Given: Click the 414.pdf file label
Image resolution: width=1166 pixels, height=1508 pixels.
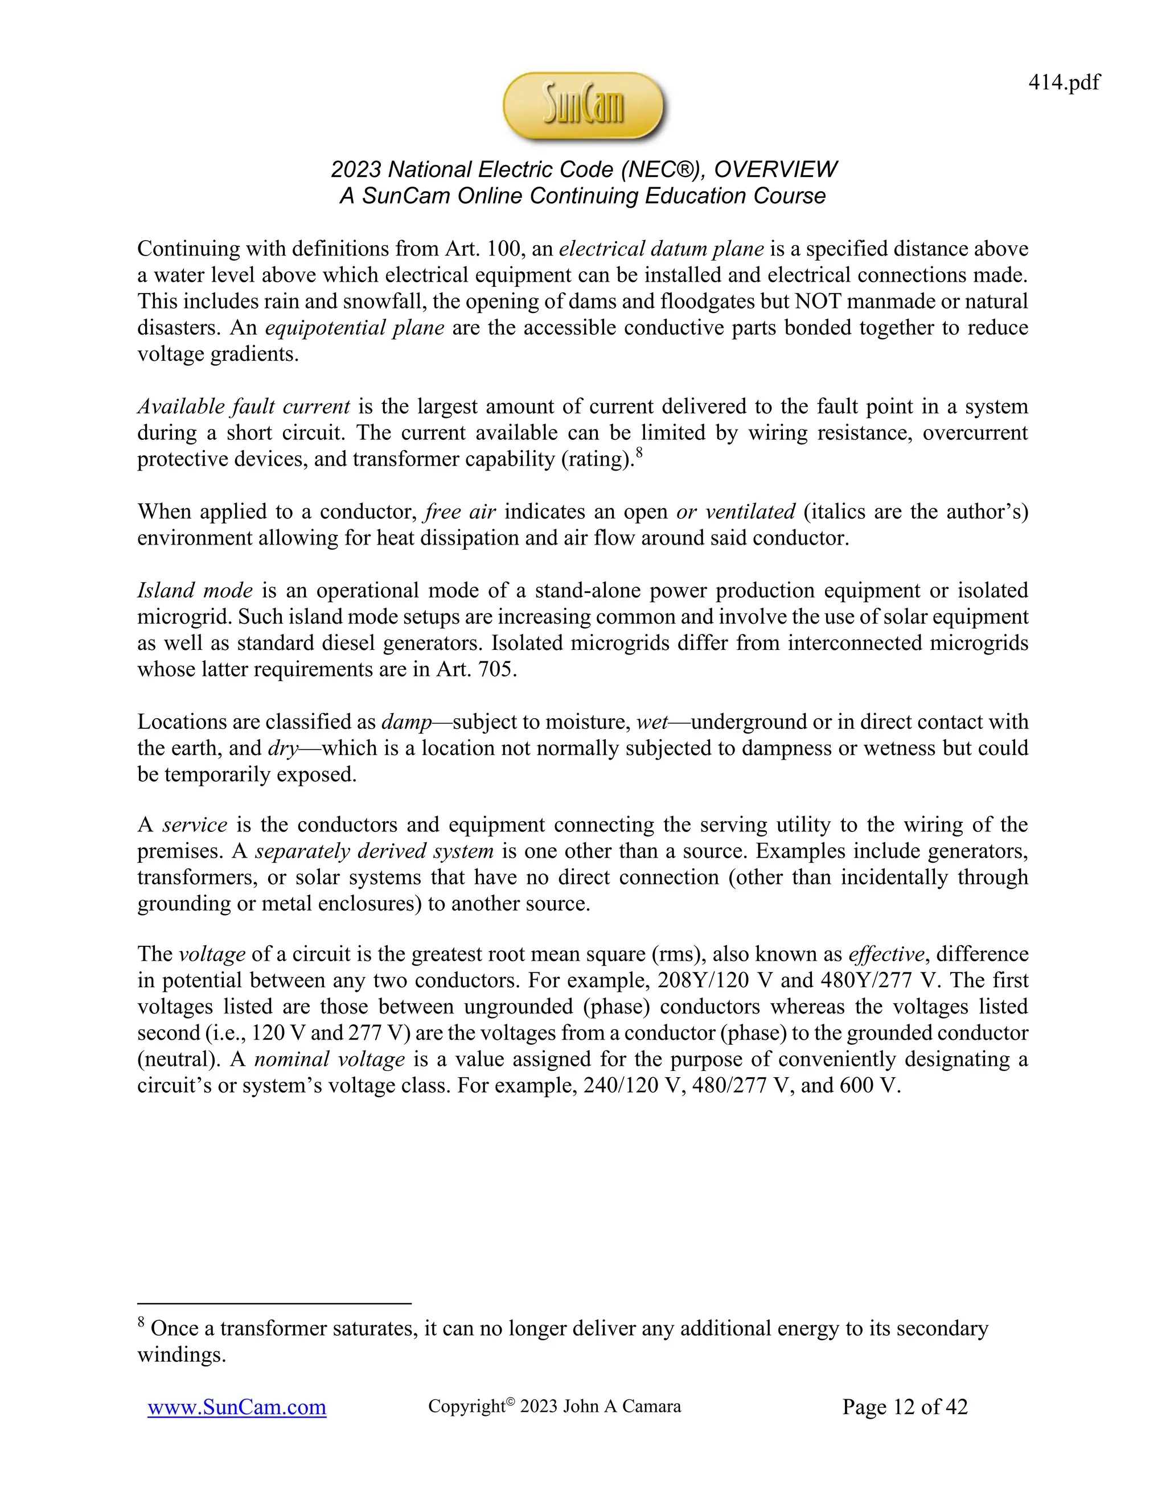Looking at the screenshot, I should (1063, 83).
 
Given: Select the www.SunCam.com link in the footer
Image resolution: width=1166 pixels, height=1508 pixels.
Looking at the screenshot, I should (237, 1407).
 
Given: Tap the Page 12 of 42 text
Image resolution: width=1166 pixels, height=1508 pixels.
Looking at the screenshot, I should (904, 1407).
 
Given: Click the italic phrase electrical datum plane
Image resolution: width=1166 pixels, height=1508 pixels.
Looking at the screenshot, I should (661, 249).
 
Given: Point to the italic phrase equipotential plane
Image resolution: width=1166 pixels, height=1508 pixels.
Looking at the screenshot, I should (354, 327).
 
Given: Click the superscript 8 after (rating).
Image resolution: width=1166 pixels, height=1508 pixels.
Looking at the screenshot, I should (639, 453).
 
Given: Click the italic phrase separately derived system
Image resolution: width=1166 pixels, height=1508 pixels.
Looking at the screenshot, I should (373, 851).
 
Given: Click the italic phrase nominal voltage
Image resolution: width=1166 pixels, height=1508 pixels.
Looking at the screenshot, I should (330, 1059).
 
